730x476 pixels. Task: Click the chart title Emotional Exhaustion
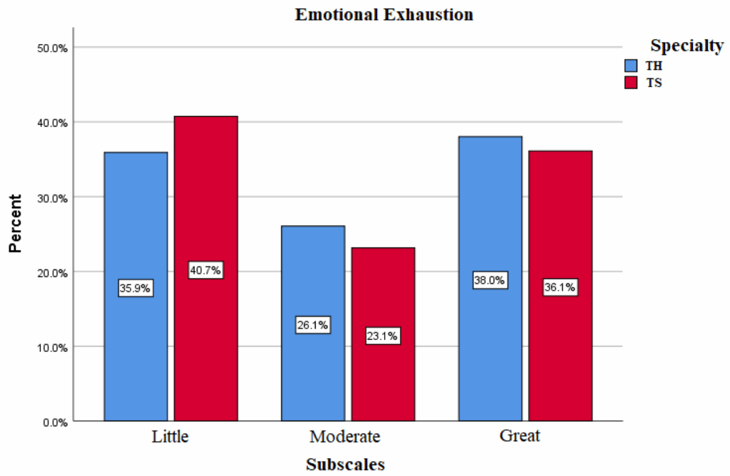coord(384,14)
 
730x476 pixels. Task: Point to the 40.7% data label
coord(206,270)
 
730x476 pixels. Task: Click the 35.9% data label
coord(135,289)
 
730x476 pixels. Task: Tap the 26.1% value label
coord(312,325)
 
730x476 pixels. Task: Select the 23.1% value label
coord(383,336)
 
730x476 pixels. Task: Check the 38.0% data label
coord(490,281)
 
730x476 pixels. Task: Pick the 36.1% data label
coord(560,288)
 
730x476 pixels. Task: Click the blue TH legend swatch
coord(631,66)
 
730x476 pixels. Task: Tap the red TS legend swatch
coord(631,83)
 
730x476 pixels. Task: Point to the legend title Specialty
coord(687,46)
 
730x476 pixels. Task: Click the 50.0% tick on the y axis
coord(51,48)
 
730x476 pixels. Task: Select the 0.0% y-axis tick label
coord(53,422)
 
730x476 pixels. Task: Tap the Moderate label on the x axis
coord(345,436)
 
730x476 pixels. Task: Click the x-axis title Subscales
coord(345,465)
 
